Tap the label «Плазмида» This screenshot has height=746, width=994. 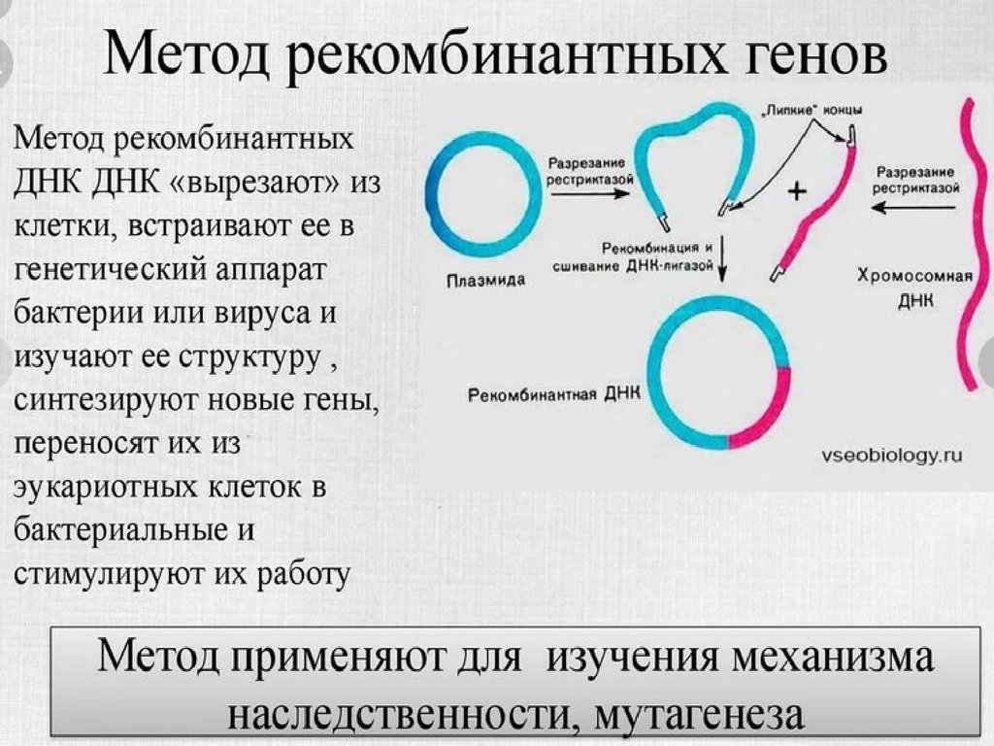[x=486, y=282]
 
